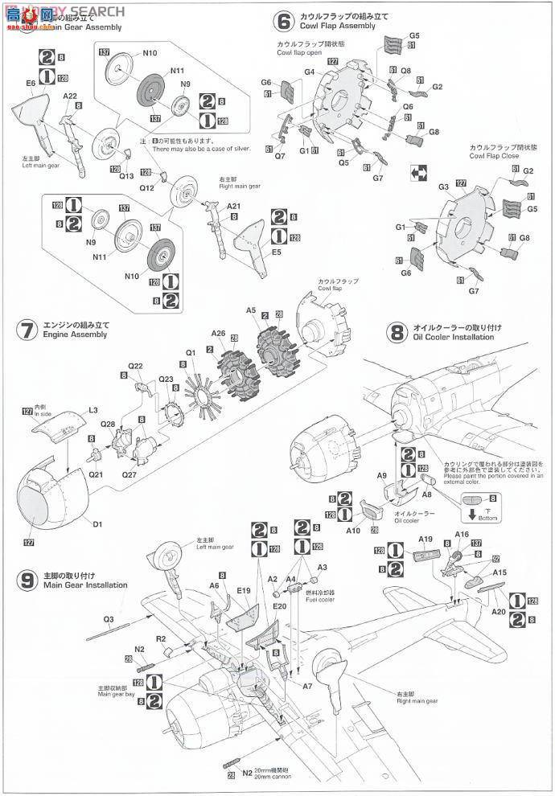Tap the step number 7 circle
point(27,330)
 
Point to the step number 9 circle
point(27,580)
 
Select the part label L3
point(93,410)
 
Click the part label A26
point(218,333)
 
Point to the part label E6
point(31,83)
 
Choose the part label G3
point(443,187)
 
